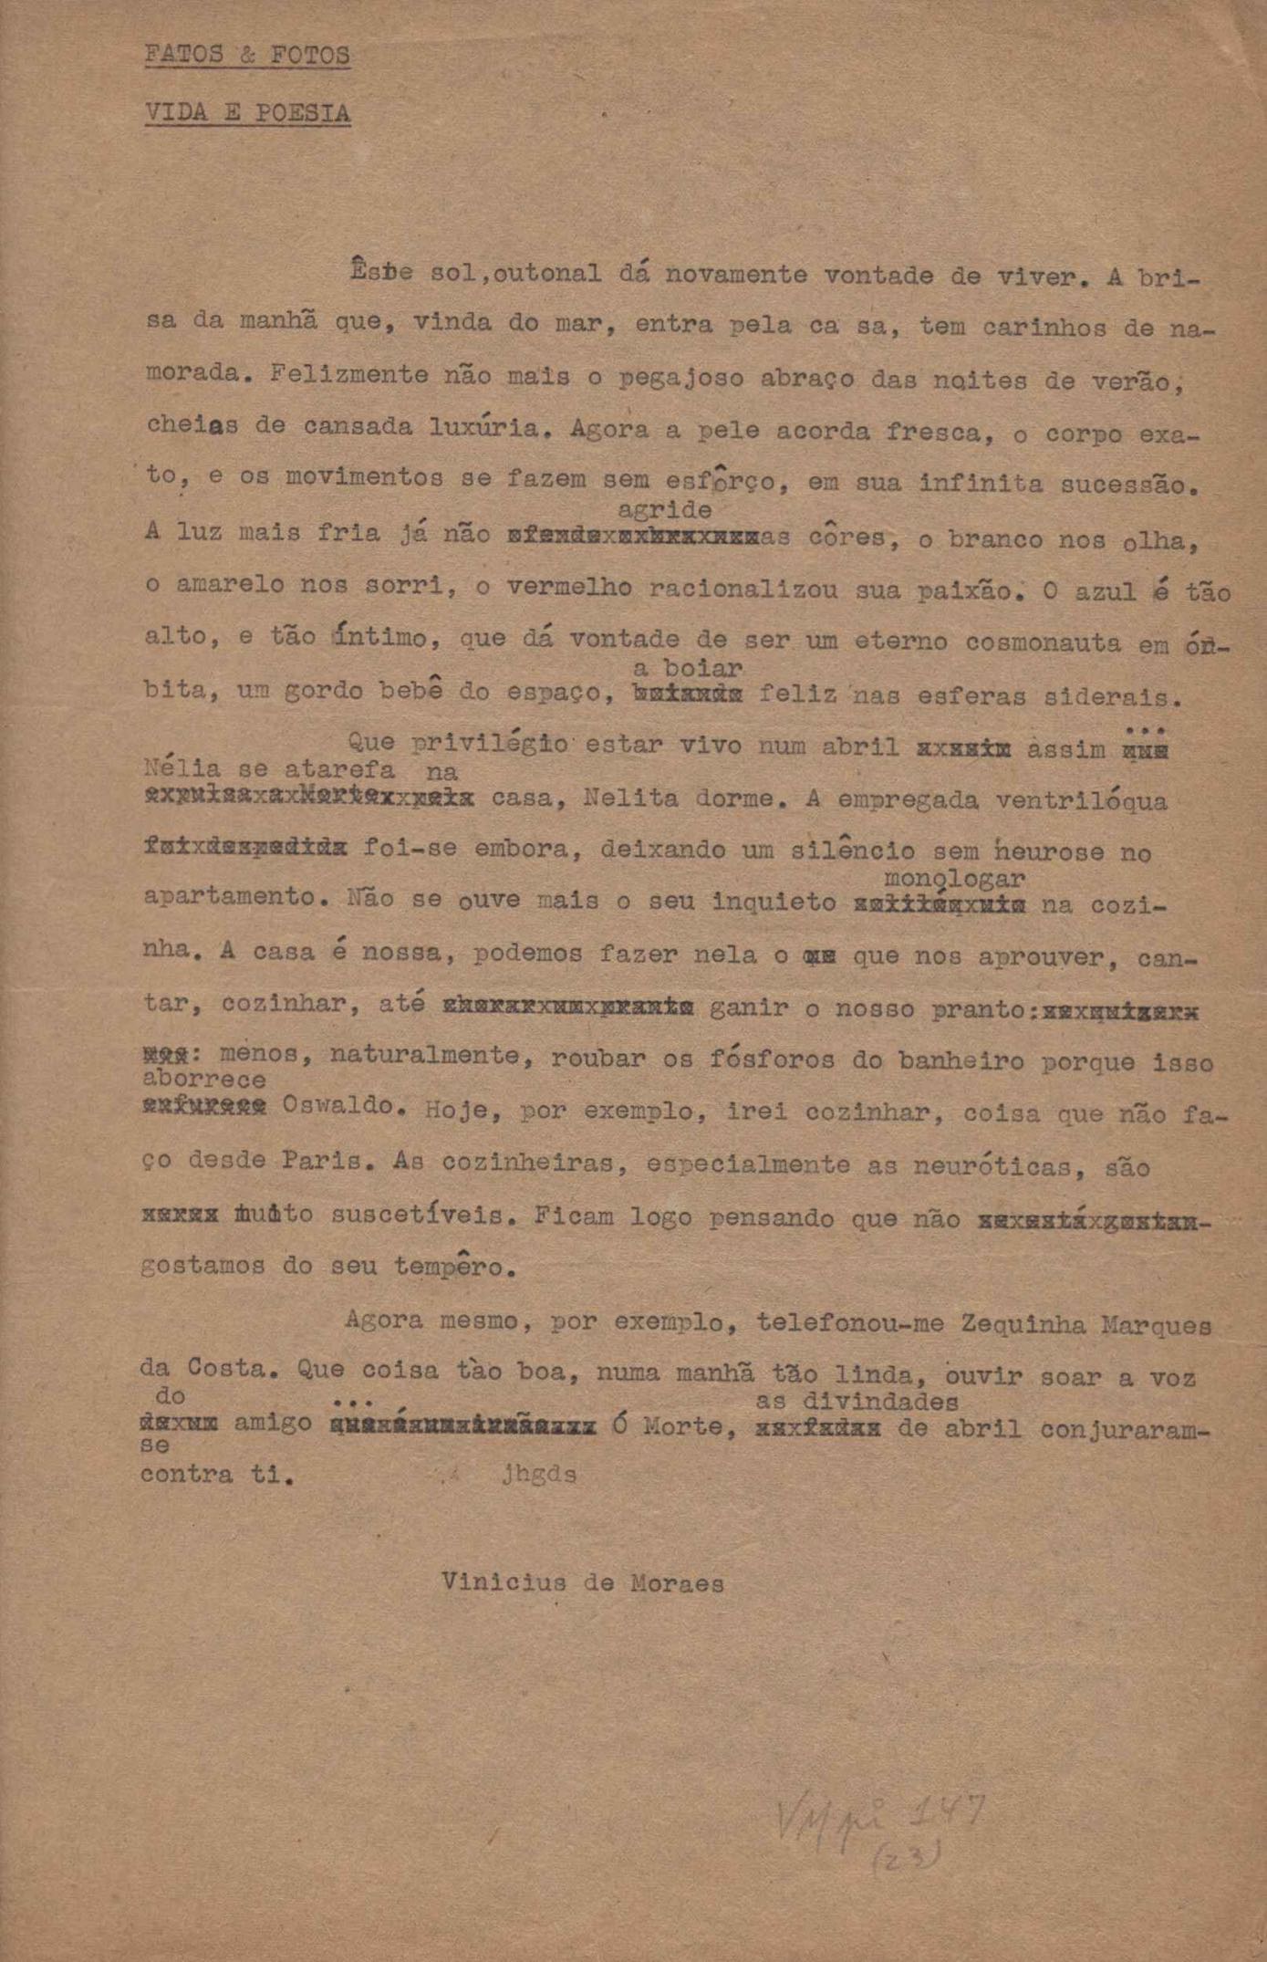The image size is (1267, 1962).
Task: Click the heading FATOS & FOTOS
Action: pos(247,56)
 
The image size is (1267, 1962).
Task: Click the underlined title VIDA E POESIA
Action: pos(247,113)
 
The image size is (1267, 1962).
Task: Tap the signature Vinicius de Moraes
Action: pos(583,1582)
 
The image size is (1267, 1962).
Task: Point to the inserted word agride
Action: pos(664,509)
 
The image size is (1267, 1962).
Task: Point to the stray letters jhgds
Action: pos(539,1475)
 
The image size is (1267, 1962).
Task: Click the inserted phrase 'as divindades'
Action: pos(857,1401)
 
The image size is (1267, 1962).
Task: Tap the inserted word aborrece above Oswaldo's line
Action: pos(204,1080)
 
